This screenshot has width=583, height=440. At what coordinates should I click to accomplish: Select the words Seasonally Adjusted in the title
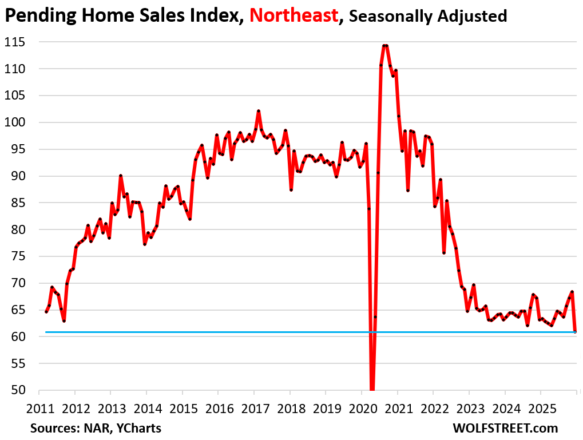tap(428, 16)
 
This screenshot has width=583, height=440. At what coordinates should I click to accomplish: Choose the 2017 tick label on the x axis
tap(254, 410)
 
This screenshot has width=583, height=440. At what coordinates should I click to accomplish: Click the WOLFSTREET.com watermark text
tap(505, 428)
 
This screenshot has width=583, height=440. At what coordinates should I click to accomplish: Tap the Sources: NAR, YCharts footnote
tap(96, 428)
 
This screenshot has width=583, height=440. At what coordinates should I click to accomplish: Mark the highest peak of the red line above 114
tap(385, 46)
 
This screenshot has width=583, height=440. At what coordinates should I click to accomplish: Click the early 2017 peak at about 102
tap(259, 111)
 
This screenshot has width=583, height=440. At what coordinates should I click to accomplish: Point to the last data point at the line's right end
tap(575, 332)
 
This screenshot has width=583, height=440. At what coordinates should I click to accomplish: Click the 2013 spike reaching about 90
tap(121, 176)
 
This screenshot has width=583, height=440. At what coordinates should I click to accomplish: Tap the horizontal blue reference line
tap(229, 332)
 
